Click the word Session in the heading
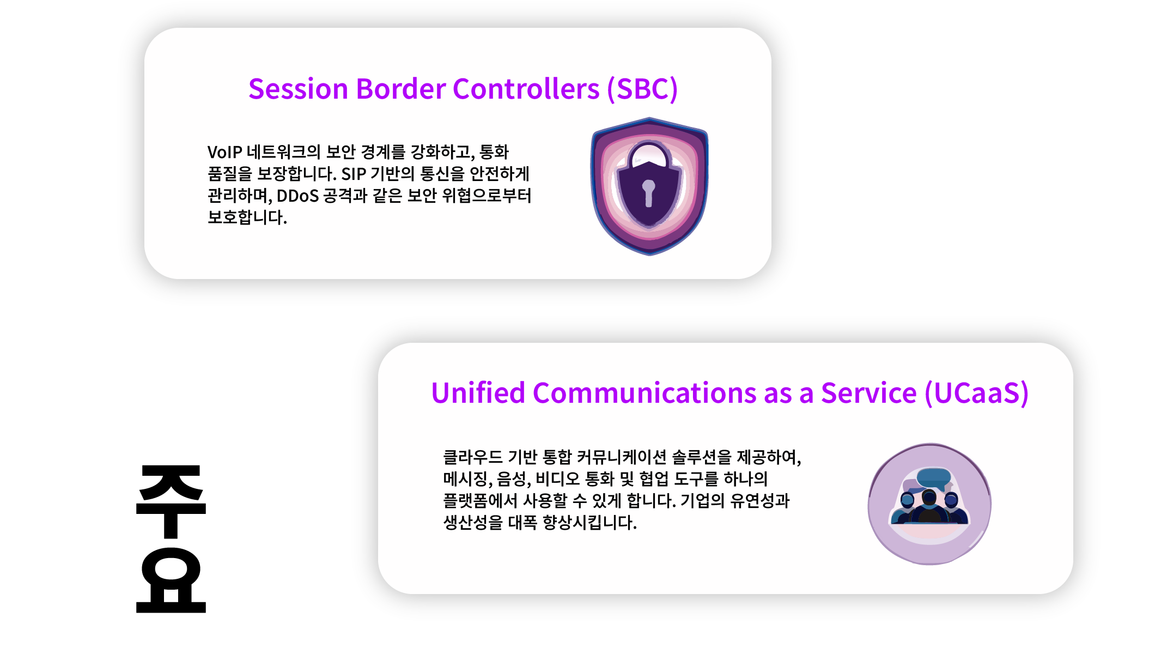pos(298,89)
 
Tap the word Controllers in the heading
pos(526,89)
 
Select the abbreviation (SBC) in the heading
pos(643,89)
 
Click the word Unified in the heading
pos(478,393)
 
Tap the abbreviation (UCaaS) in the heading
pos(977,393)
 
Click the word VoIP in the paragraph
pos(224,152)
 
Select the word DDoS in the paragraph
pos(297,196)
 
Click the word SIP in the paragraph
pos(354,174)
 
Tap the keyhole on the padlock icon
pos(648,193)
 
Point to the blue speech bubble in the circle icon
pos(934,478)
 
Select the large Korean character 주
pos(171,501)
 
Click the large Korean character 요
pos(171,580)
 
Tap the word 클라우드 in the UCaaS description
pos(473,457)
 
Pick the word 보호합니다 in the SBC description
pos(247,217)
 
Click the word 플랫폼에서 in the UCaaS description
pos(481,500)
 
